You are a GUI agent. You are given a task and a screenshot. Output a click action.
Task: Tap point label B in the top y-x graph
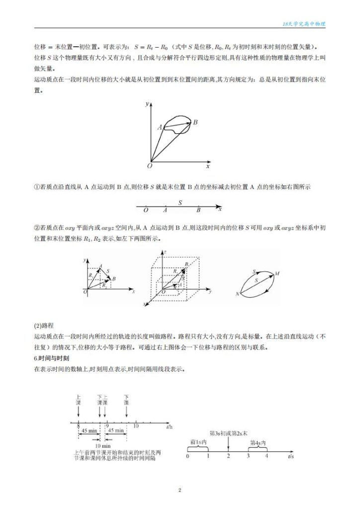(195, 122)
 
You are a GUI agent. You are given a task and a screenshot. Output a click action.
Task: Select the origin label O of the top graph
(149, 166)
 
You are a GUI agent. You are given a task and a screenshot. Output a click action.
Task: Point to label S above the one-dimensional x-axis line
(180, 203)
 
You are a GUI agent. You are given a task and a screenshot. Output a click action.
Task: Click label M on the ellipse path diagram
(277, 273)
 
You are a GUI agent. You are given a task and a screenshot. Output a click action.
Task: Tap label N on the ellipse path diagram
(238, 295)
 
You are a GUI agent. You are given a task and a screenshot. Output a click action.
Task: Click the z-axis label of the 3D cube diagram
(165, 253)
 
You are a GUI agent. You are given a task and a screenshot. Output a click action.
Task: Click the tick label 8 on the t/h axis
(79, 426)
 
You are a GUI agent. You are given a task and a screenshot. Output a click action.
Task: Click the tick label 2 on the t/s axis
(228, 455)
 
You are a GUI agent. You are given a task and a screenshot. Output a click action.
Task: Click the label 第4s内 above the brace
(258, 442)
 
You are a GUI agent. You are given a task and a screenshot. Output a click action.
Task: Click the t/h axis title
(170, 426)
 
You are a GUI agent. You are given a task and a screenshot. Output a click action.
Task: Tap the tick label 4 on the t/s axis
(267, 455)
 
